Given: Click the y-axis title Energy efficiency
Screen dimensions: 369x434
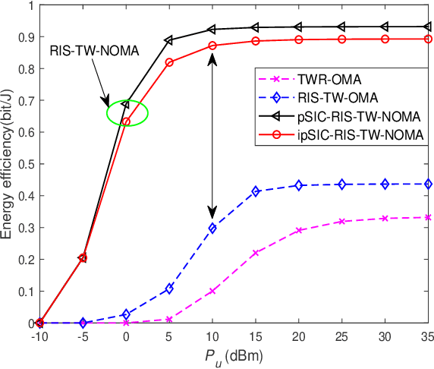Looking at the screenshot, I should (8, 163).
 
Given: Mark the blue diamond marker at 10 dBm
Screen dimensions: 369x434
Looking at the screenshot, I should (212, 228).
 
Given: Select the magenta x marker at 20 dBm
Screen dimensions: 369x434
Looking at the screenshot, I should (299, 230).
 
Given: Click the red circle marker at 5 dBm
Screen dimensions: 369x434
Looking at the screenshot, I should (169, 62).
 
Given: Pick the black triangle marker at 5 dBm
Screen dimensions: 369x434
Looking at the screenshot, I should (169, 39).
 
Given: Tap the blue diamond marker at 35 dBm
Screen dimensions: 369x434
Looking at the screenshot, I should (428, 184).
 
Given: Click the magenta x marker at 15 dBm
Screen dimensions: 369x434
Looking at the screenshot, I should (256, 253).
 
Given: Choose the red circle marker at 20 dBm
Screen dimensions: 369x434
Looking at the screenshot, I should (299, 39).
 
